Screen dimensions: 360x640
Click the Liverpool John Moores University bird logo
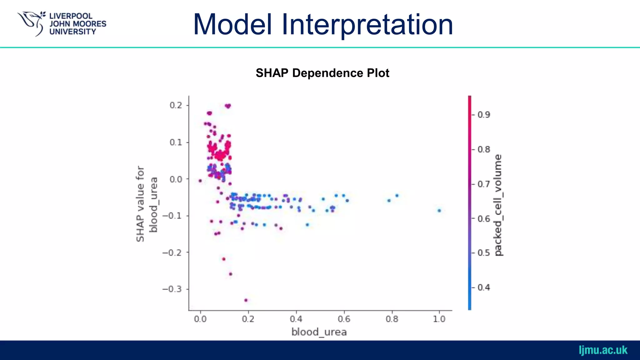pos(31,23)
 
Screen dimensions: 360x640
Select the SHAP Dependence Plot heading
pos(322,73)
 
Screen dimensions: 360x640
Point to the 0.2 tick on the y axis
pos(176,105)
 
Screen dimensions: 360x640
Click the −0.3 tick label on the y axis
pos(172,289)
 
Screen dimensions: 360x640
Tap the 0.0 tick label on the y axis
pos(176,179)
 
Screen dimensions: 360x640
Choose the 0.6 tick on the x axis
pos(344,319)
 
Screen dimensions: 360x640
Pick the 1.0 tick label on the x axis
pos(439,319)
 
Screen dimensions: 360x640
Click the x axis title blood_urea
pos(319,332)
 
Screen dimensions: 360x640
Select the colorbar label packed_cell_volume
pos(498,205)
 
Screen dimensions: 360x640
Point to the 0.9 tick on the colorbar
pos(484,115)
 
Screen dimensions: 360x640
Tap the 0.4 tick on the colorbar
pos(484,287)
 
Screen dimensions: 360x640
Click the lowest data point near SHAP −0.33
pos(246,300)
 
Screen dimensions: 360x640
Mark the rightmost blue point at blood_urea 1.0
pos(439,211)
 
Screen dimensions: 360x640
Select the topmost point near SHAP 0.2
pos(228,106)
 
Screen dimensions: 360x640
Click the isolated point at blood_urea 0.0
pos(200,181)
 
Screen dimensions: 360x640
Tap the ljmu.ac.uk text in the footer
pos(603,350)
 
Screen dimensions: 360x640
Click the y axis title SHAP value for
pos(140,204)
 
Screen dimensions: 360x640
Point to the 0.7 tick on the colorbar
pos(484,184)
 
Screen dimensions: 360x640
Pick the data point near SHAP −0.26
pos(231,274)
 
